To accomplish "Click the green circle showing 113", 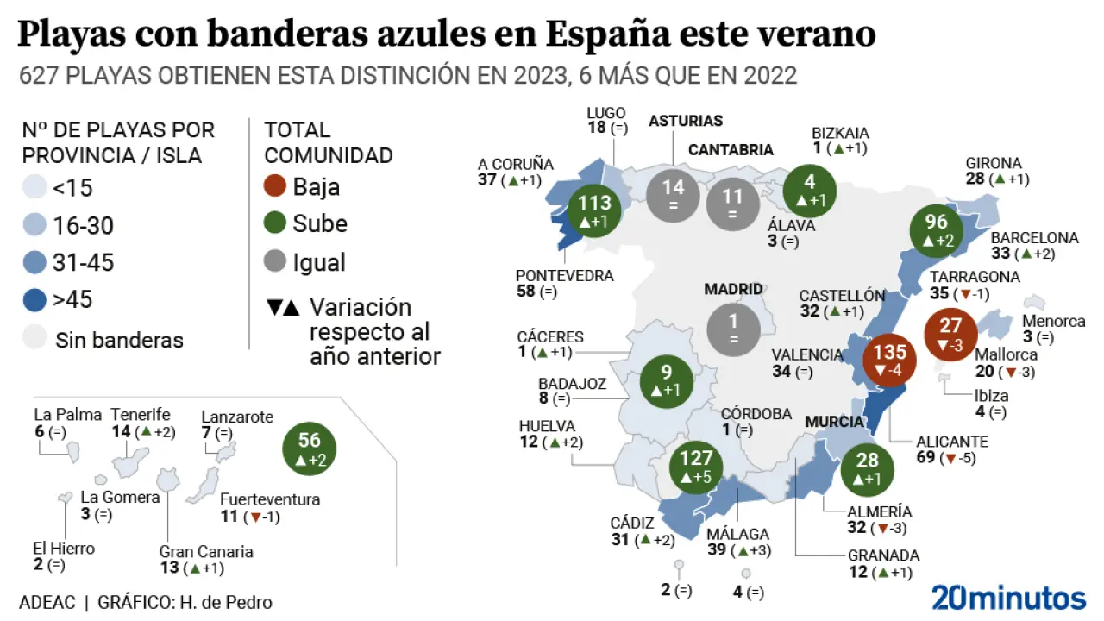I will pyautogui.click(x=594, y=211).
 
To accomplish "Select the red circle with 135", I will pyautogui.click(x=889, y=361).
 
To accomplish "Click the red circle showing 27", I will pyautogui.click(x=950, y=334).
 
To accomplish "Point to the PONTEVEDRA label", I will pyautogui.click(x=564, y=276).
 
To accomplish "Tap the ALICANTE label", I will pyautogui.click(x=951, y=442).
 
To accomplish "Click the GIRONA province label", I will pyautogui.click(x=994, y=163).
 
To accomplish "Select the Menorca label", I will pyautogui.click(x=1054, y=321).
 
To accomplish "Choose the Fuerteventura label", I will pyautogui.click(x=270, y=499).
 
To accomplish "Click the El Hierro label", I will pyautogui.click(x=64, y=549).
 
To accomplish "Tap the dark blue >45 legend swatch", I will pyautogui.click(x=34, y=300).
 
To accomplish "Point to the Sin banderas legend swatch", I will pyautogui.click(x=34, y=339).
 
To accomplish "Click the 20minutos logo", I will pyautogui.click(x=1008, y=596).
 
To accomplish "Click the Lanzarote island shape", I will pyautogui.click(x=227, y=452).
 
